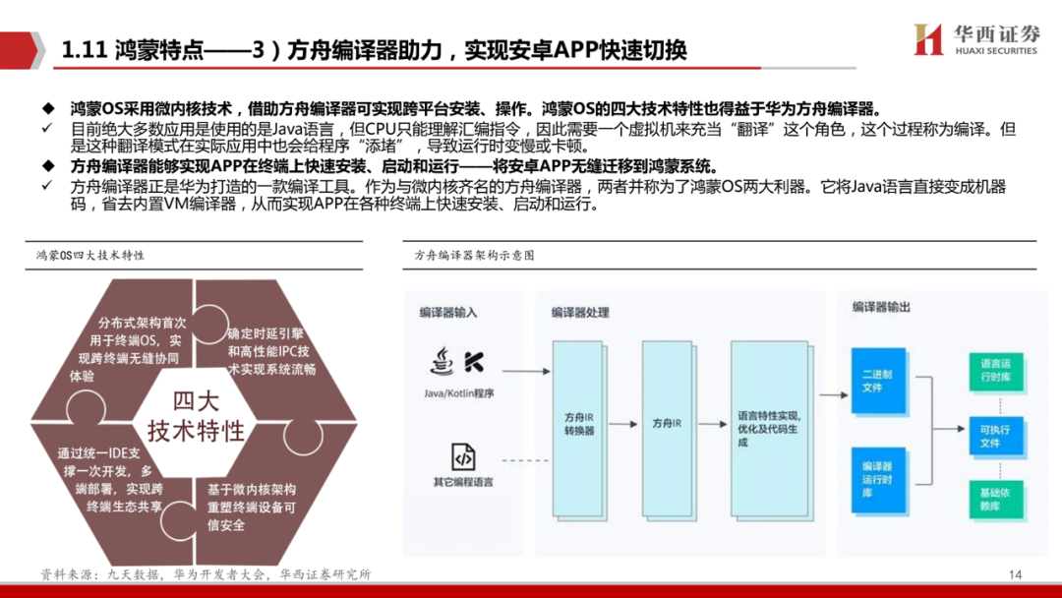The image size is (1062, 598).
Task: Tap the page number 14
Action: (x=1016, y=574)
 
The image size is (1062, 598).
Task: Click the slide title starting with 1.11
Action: (x=374, y=50)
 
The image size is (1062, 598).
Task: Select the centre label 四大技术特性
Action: (x=196, y=416)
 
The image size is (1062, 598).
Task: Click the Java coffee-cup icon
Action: (x=441, y=361)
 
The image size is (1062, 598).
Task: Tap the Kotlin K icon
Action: (x=473, y=362)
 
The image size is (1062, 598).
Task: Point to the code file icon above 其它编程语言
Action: (x=463, y=457)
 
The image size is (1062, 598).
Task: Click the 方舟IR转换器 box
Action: (x=579, y=424)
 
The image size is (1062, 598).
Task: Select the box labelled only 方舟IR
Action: (x=667, y=424)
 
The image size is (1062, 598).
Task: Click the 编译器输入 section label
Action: (x=447, y=312)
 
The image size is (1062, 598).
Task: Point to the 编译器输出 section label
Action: (x=881, y=307)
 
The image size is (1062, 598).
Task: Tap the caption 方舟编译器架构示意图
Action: (x=474, y=255)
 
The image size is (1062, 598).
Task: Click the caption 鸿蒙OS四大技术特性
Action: (x=90, y=255)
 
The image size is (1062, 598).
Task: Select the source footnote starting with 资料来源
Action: (x=206, y=574)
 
